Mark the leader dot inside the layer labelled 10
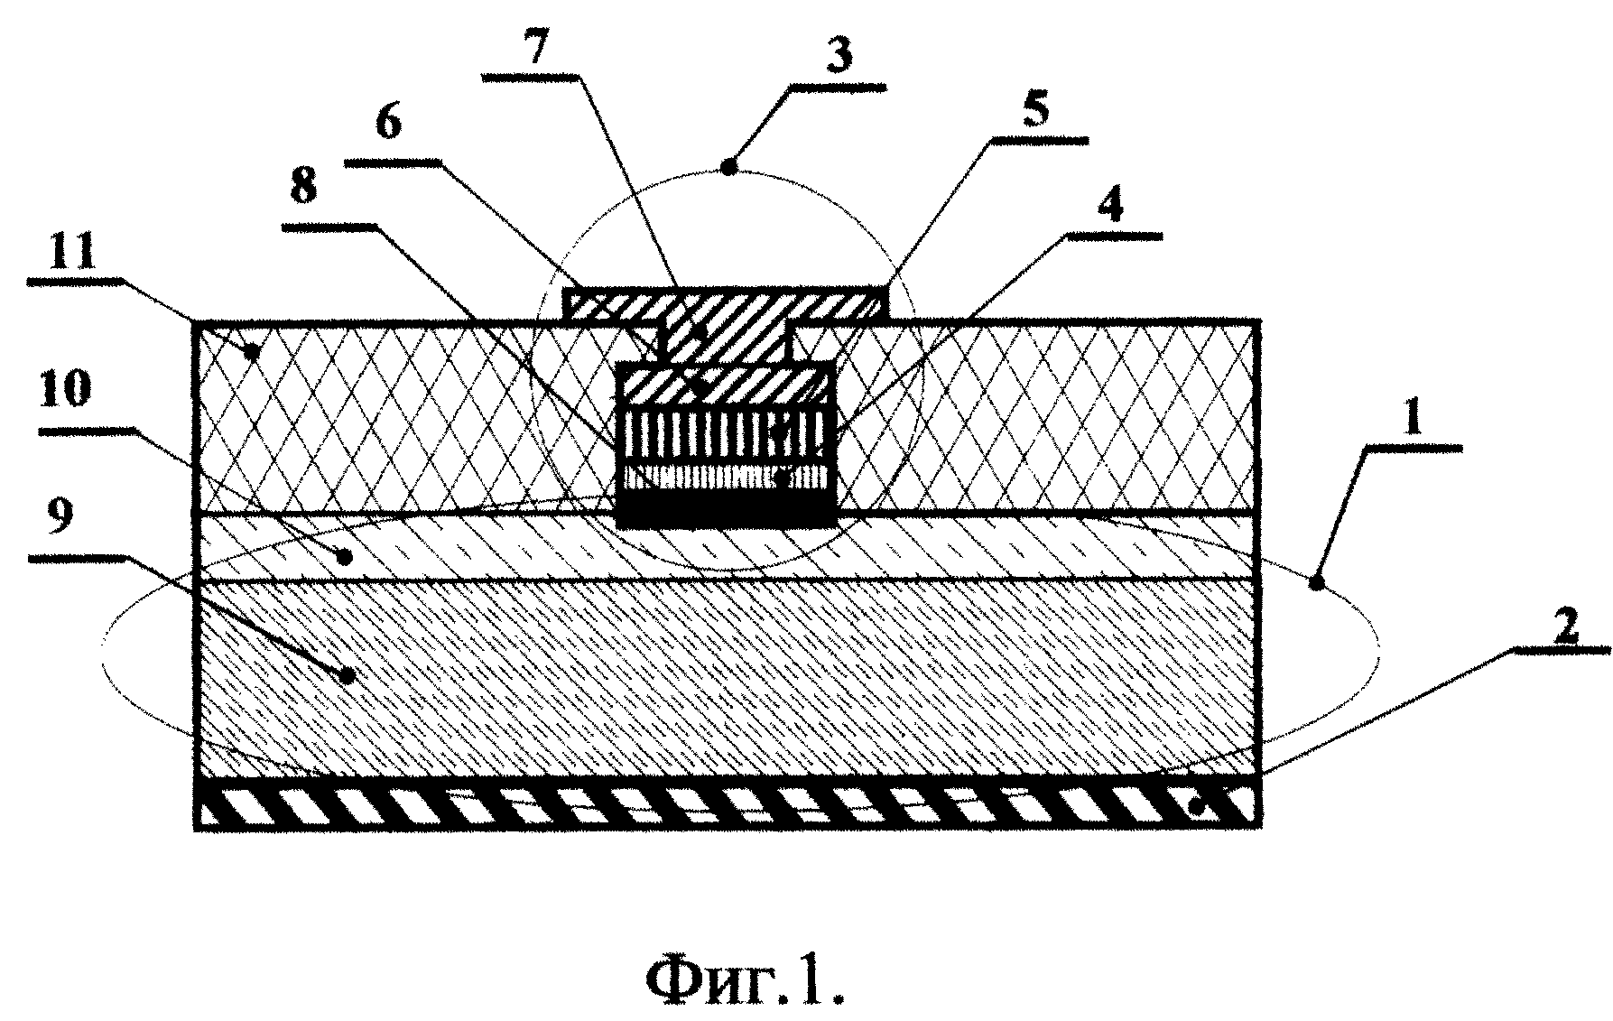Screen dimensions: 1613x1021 pyautogui.click(x=344, y=557)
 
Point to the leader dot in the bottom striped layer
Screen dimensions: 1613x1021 pyautogui.click(x=1197, y=808)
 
